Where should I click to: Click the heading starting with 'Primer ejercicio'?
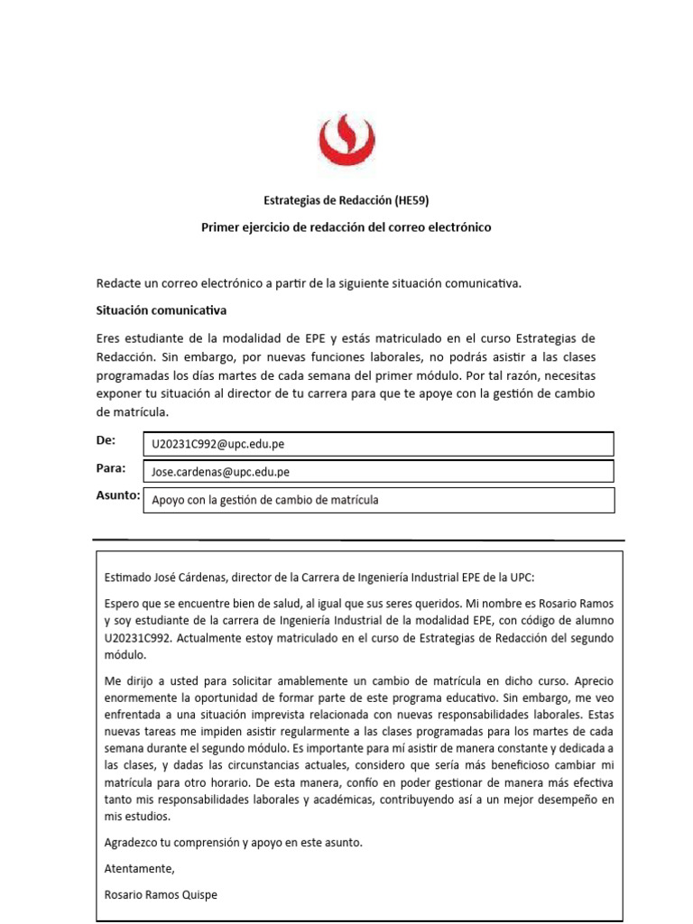point(346,227)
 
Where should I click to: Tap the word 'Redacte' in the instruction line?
point(118,283)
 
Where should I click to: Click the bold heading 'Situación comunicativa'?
point(161,310)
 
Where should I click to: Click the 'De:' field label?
point(106,441)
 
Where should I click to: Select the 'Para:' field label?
point(110,468)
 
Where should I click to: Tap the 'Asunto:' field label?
point(117,496)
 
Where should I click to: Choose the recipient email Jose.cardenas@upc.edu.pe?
point(221,472)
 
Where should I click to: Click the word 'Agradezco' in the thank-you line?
point(134,843)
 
